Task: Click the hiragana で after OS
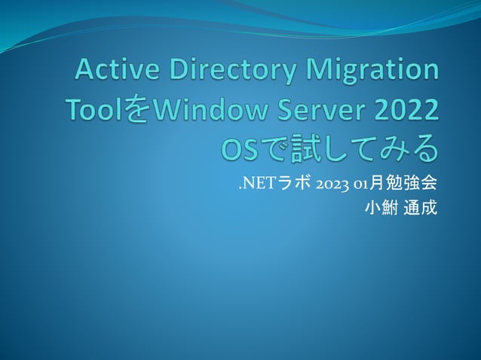(274, 150)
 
